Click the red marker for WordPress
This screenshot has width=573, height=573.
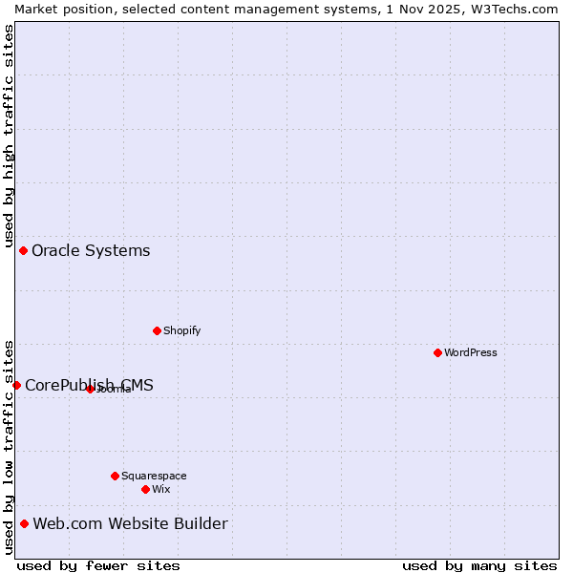click(x=437, y=352)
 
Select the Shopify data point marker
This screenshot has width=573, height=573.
click(x=157, y=330)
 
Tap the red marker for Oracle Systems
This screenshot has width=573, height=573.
click(x=23, y=250)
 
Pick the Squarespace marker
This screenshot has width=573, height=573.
click(x=115, y=476)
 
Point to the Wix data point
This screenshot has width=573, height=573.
click(x=145, y=489)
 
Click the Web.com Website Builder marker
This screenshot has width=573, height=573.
click(x=24, y=523)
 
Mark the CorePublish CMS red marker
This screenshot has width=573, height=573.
click(x=16, y=385)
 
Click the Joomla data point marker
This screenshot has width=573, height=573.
click(x=90, y=389)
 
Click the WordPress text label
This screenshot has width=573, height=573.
click(x=471, y=352)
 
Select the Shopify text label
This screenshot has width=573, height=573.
click(x=181, y=330)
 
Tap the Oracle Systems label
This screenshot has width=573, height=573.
click(x=91, y=250)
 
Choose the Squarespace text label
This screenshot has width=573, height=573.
click(x=154, y=476)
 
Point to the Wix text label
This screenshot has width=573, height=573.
click(x=160, y=489)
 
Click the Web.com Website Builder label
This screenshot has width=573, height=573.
click(x=130, y=523)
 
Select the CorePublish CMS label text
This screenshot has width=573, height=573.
click(x=89, y=385)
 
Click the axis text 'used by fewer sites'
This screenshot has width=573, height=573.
click(x=98, y=565)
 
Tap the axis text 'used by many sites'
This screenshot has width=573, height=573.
click(x=479, y=565)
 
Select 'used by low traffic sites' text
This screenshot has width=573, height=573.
click(x=9, y=447)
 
